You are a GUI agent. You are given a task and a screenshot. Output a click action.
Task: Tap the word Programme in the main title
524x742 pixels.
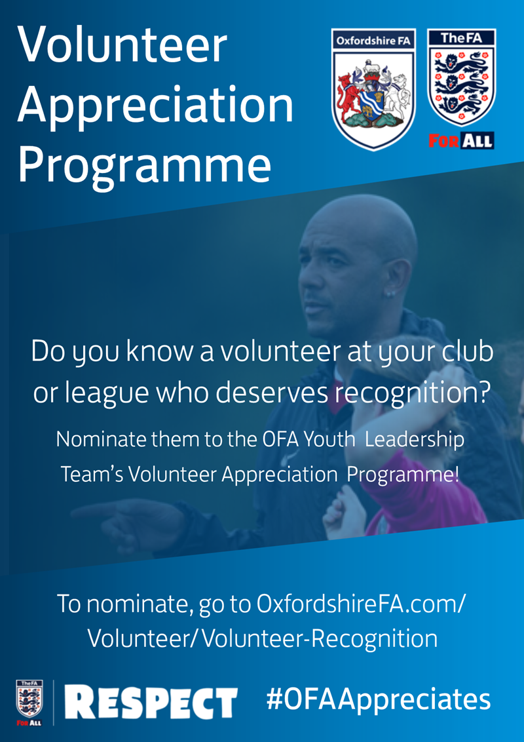[x=144, y=166]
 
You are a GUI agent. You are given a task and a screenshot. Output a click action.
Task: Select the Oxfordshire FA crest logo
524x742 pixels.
[x=373, y=89]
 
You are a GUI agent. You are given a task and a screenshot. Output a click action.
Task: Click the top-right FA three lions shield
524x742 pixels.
[x=461, y=77]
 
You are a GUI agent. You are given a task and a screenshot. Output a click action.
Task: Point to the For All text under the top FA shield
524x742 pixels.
[x=461, y=140]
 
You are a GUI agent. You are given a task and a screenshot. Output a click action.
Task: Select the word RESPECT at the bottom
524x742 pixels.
[x=151, y=703]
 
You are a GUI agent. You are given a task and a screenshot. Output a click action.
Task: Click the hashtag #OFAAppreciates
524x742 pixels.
[x=379, y=699]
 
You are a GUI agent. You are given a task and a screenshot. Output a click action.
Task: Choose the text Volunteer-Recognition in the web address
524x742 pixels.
[x=319, y=639]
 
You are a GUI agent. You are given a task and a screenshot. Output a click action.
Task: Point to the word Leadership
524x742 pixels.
[x=415, y=440]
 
